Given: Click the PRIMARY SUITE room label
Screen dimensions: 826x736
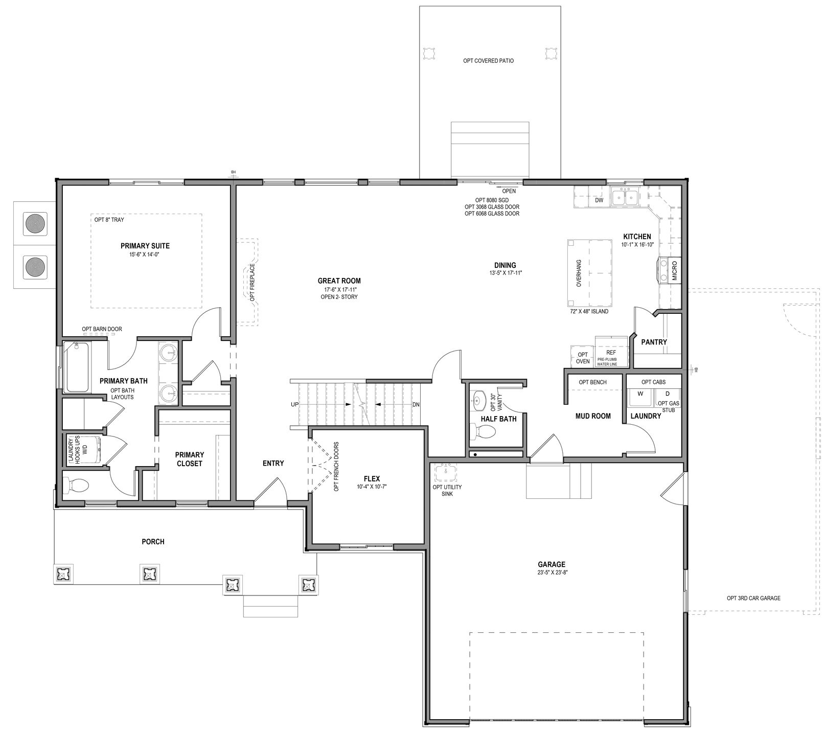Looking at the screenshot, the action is pos(145,246).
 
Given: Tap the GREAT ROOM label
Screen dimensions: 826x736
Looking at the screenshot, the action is pos(339,281).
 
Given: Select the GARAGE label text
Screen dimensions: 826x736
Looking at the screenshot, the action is pos(552,565).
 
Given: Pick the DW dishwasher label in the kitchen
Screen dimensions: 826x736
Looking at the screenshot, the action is pos(599,200).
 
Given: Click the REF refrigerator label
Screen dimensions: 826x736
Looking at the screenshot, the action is pos(611,353).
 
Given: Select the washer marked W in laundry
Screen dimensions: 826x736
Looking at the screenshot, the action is pos(640,394).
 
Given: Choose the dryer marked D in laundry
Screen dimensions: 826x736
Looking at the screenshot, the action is pos(667,394).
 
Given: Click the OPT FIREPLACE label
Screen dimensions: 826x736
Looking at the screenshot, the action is pos(252,282).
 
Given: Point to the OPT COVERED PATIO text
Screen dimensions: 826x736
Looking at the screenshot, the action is pos(489,61).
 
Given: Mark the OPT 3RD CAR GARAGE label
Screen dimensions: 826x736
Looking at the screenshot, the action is pos(753,598).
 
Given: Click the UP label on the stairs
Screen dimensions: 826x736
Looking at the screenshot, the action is pos(295,404).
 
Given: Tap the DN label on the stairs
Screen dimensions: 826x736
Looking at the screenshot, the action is pos(416,404).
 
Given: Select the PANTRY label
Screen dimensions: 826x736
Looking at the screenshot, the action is pos(654,342).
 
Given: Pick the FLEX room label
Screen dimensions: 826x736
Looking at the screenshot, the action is pos(372,479).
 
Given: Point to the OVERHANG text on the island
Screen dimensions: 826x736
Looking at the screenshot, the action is pos(579,273).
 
